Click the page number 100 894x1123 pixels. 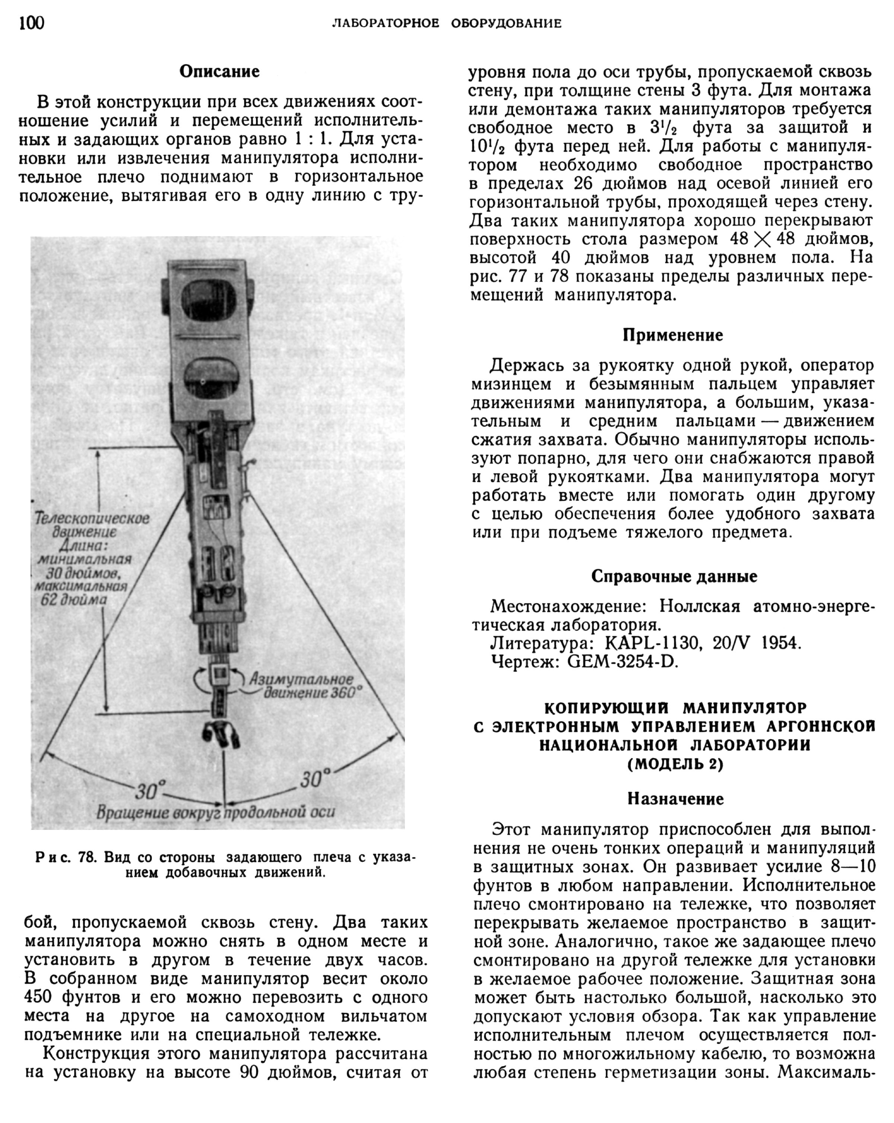click(32, 23)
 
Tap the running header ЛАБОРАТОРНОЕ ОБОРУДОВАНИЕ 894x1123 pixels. click(447, 23)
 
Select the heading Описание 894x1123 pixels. click(219, 72)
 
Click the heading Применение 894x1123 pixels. click(673, 335)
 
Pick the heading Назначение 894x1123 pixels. click(675, 799)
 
